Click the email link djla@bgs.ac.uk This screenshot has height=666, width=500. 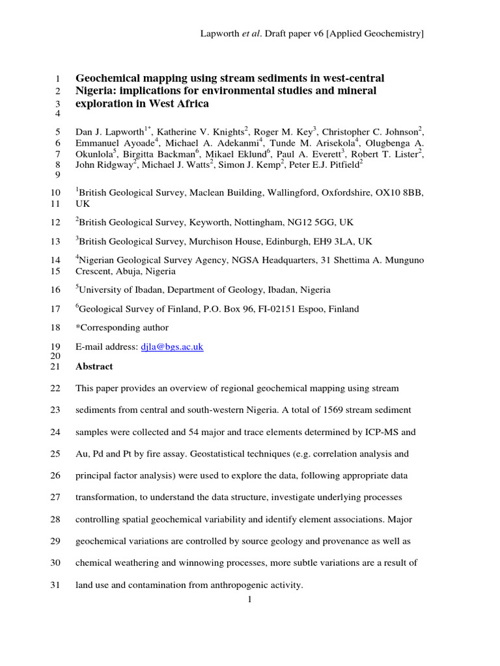click(x=172, y=347)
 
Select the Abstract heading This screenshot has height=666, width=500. click(x=94, y=367)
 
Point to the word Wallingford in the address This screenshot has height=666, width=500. click(x=262, y=193)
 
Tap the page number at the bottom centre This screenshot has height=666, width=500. click(x=249, y=600)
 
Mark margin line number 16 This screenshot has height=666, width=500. click(x=55, y=290)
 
